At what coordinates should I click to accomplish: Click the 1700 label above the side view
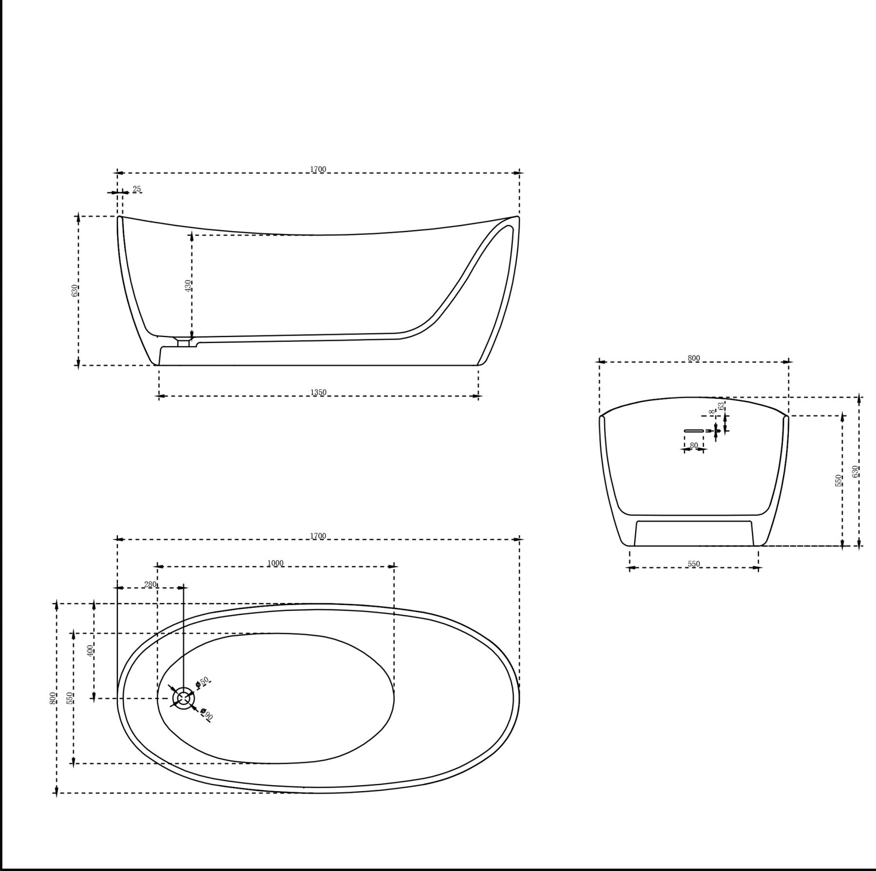pyautogui.click(x=318, y=169)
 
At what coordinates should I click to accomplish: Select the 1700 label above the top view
pyautogui.click(x=318, y=536)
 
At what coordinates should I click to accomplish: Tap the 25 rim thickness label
pyautogui.click(x=137, y=189)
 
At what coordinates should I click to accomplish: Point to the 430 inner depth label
pyautogui.click(x=188, y=285)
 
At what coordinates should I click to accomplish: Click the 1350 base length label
pyautogui.click(x=318, y=392)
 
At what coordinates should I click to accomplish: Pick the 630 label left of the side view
pyautogui.click(x=74, y=291)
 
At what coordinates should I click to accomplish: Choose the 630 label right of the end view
pyautogui.click(x=855, y=472)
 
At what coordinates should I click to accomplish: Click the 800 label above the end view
pyautogui.click(x=693, y=358)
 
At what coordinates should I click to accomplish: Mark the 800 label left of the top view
pyautogui.click(x=53, y=698)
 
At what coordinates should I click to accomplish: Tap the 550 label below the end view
pyautogui.click(x=693, y=564)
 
